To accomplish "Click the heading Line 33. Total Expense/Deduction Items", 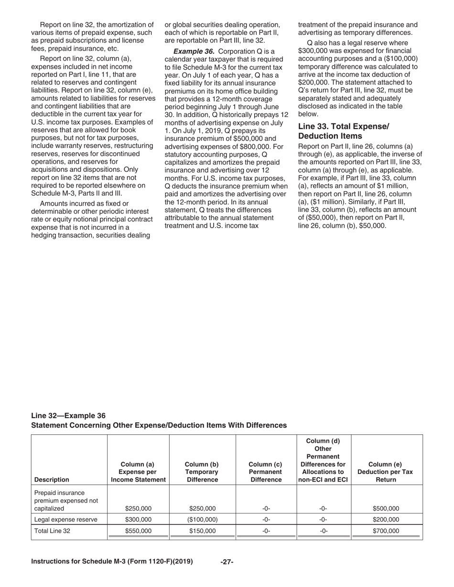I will tap(343, 130).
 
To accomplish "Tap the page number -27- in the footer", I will tap(227, 562).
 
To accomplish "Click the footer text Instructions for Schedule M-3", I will tap(112, 561).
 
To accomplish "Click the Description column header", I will tap(52, 480).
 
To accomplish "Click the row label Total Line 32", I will tap(52, 530).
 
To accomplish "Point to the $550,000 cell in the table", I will tap(139, 530).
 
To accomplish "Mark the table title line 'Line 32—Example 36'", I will tap(68, 415).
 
